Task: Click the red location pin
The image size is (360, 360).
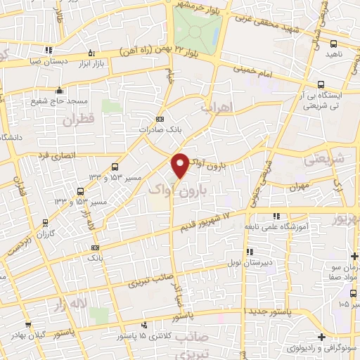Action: [181, 165]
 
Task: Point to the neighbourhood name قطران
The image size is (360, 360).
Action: [77, 120]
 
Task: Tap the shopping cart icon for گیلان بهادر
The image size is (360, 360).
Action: [27, 325]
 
